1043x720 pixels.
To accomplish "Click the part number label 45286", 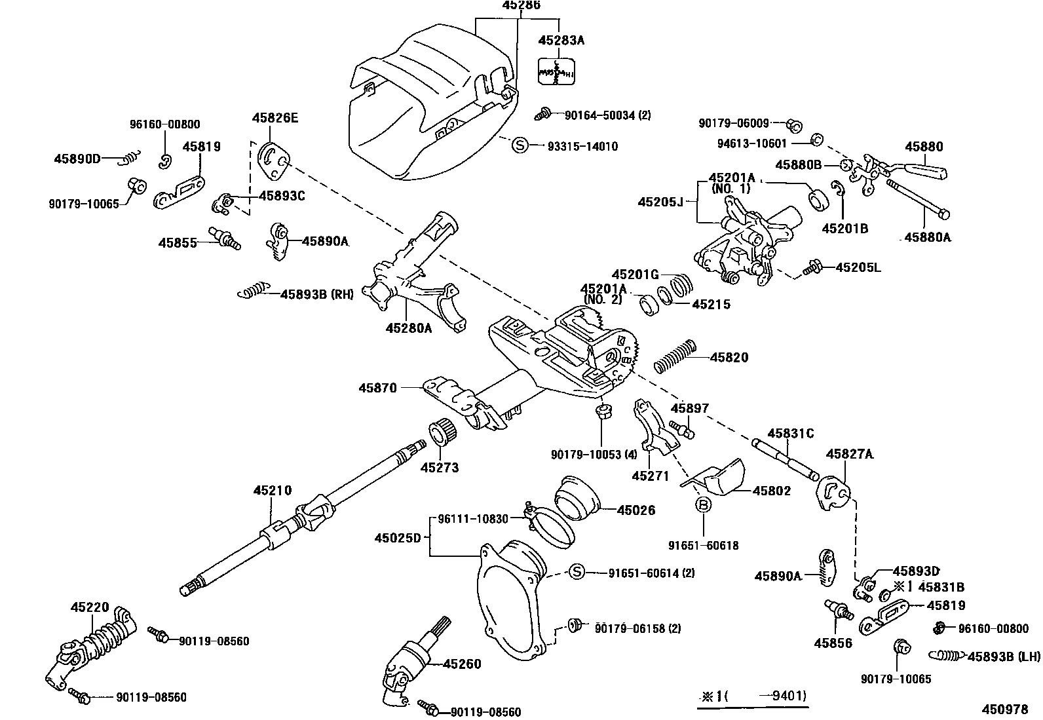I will pos(521,5).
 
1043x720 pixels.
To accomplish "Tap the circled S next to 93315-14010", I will pos(520,145).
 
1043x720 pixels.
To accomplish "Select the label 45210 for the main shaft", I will pos(273,491).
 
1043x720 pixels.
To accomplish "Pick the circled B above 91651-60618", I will pos(703,504).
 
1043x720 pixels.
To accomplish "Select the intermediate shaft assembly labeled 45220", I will pos(92,645).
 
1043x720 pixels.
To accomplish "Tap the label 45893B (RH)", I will pos(317,294).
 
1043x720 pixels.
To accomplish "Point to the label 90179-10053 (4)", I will pos(594,455).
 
